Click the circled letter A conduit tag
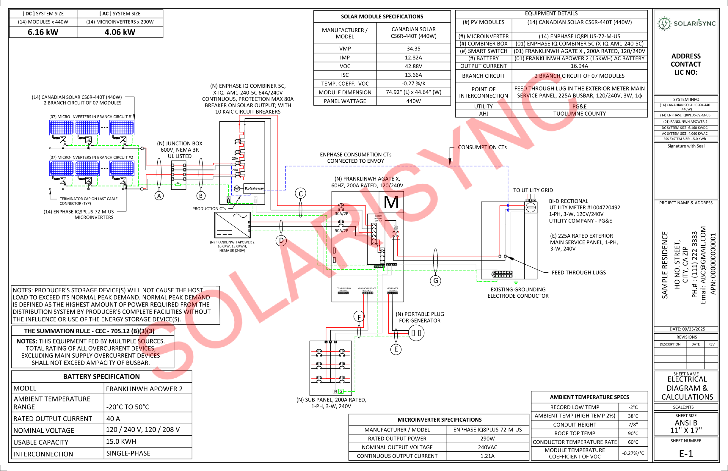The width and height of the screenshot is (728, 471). tap(159, 196)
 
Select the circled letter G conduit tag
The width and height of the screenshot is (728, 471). tap(435, 280)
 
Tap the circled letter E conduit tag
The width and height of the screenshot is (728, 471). tap(396, 349)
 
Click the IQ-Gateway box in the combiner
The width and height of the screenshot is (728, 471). tap(254, 188)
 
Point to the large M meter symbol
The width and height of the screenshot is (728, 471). tap(391, 202)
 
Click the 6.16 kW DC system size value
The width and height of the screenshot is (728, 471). tap(43, 32)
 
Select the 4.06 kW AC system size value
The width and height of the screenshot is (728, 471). tap(120, 32)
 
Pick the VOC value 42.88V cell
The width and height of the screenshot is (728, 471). tap(413, 66)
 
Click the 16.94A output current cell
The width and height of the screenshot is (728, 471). tap(579, 66)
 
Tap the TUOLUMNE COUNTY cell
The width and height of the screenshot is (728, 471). tap(579, 114)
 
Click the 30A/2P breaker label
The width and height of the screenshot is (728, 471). tap(341, 213)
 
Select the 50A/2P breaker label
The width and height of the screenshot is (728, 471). tap(341, 231)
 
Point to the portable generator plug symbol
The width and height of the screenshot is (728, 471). tap(416, 333)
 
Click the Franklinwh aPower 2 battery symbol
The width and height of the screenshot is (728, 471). tap(233, 225)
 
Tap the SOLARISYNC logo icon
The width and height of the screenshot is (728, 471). tap(664, 23)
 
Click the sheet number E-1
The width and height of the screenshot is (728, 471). tap(686, 453)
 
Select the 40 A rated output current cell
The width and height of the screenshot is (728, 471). tap(113, 418)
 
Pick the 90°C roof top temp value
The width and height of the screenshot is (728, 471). tap(633, 433)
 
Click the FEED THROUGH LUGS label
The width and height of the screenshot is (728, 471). tap(578, 272)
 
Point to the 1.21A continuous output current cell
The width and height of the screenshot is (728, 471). tap(487, 456)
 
